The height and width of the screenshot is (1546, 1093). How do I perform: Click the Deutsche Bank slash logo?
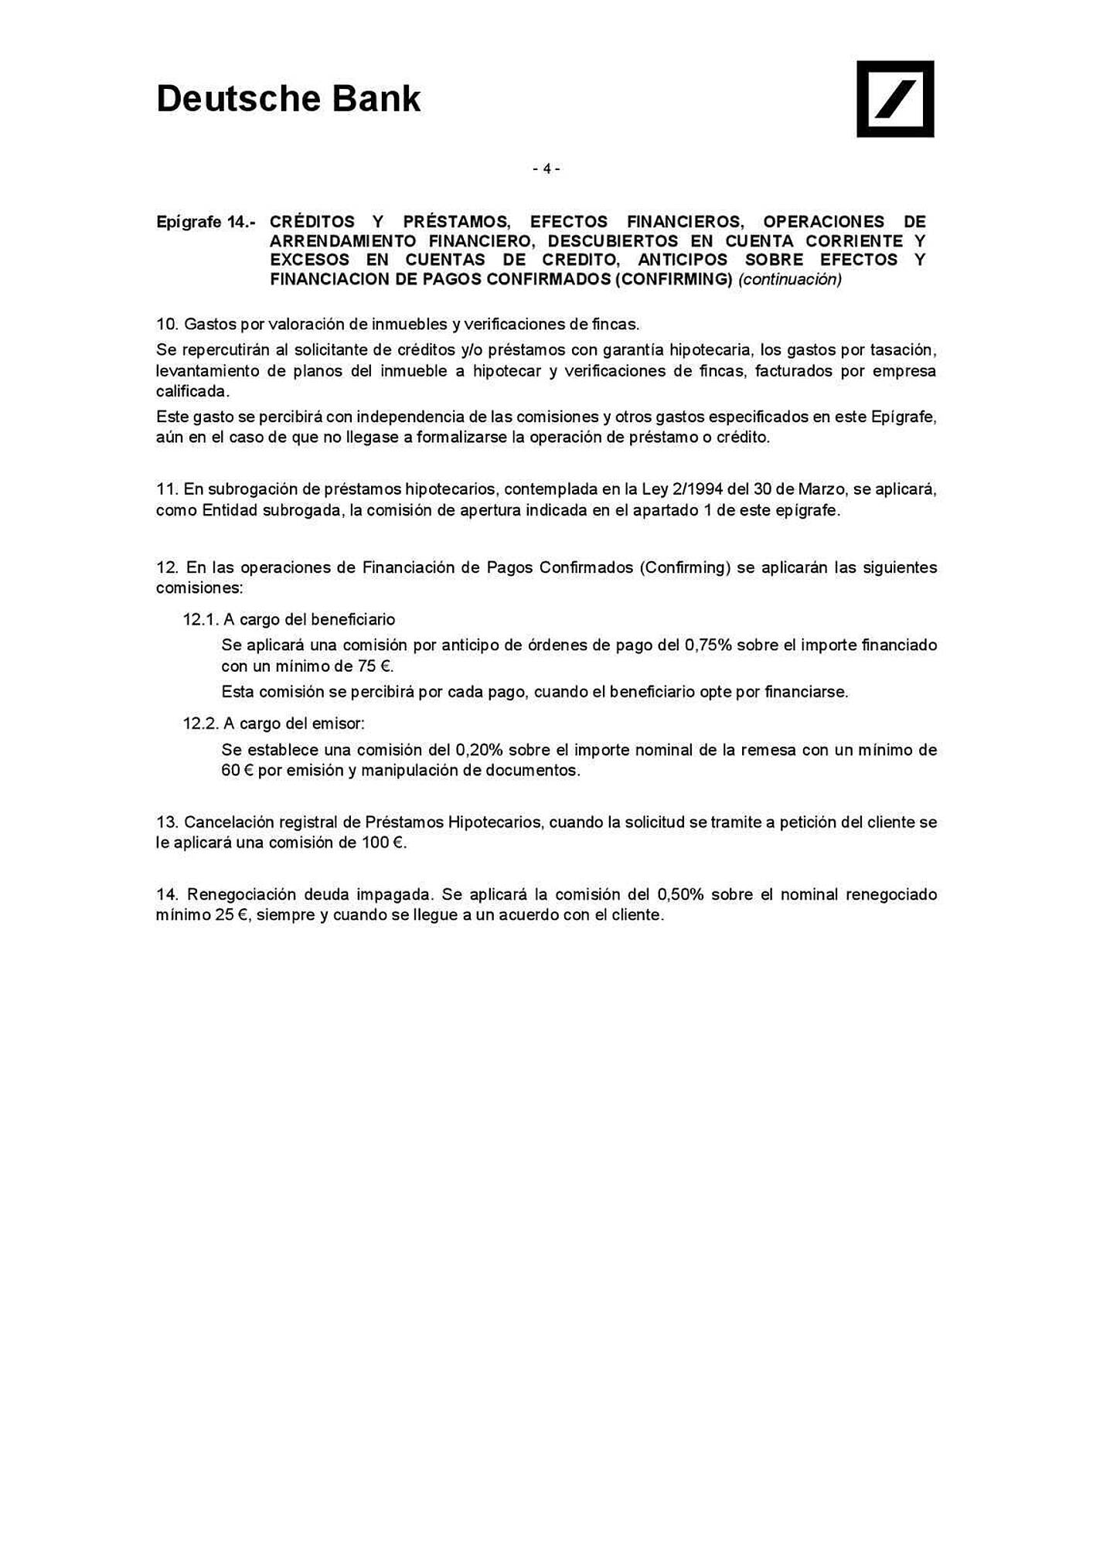point(894,99)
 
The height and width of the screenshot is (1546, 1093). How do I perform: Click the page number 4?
point(546,169)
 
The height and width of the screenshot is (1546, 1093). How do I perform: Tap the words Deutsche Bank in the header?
point(288,99)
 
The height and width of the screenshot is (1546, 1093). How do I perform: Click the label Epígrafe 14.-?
point(206,223)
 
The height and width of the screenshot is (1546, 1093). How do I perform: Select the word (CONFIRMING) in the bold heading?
point(673,279)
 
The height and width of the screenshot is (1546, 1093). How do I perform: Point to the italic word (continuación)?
point(790,279)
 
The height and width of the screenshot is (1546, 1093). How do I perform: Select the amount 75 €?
point(374,666)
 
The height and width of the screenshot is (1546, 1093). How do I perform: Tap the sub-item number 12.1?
point(201,619)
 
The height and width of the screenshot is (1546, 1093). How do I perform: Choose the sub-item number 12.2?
point(201,724)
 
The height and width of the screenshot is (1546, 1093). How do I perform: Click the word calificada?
point(192,391)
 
